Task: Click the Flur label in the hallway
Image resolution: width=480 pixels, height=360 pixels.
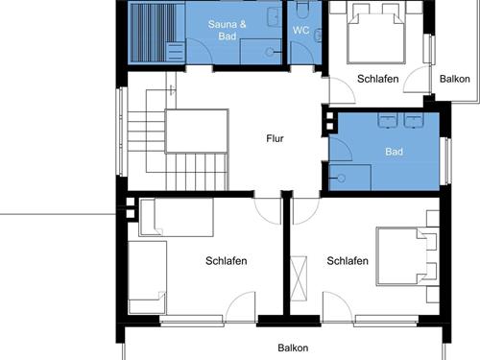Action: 275,138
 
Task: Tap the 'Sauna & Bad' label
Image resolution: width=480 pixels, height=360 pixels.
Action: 228,30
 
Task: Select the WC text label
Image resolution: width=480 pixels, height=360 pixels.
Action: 300,31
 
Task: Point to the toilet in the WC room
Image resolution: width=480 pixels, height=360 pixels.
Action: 301,11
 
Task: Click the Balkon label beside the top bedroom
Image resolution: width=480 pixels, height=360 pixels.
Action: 455,79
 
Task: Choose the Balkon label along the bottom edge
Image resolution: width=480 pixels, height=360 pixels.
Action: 293,348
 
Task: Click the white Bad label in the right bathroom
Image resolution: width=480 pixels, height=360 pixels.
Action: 394,152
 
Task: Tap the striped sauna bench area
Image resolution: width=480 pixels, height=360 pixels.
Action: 152,32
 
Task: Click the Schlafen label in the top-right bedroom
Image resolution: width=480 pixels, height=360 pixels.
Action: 378,79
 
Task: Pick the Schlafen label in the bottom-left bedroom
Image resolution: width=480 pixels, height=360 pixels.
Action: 227,261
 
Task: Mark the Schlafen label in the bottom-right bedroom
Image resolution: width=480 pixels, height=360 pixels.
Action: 348,261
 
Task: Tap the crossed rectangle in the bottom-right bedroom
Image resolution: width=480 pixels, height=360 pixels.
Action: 299,278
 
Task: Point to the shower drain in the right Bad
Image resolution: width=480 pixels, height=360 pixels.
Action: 342,178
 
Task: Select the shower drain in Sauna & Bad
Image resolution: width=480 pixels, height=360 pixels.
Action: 270,52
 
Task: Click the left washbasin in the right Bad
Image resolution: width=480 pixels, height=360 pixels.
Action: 388,120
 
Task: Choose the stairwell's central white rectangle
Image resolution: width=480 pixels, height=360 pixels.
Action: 197,132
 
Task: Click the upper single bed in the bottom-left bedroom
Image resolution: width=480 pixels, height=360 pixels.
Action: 177,218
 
